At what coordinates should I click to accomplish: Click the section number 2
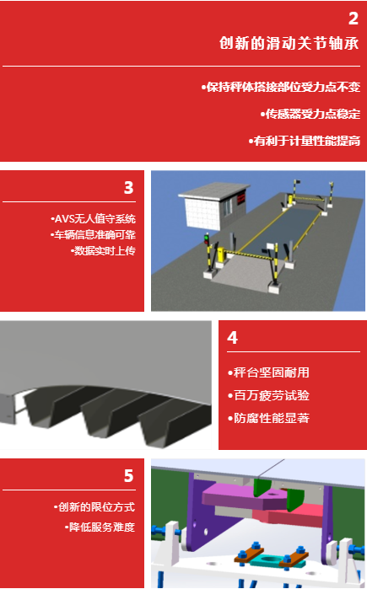354,19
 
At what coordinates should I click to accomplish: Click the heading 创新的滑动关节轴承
289,43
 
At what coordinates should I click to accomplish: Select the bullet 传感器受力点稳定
310,114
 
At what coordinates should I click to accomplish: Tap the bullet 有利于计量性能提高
305,141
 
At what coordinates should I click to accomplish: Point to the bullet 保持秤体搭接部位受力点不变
280,87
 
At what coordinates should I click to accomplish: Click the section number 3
128,187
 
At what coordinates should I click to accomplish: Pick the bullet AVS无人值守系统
93,218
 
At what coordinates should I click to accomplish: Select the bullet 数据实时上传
103,250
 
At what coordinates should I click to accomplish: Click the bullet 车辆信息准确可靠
93,235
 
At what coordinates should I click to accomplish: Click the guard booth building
213,205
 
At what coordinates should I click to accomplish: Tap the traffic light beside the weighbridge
207,239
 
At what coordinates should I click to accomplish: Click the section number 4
232,338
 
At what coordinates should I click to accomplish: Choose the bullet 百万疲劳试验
268,395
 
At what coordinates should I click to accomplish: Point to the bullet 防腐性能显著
268,418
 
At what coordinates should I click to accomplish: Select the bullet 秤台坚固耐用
268,372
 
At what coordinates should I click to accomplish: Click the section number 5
128,476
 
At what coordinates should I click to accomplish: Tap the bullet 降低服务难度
100,527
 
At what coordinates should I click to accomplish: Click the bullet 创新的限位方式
94,507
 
